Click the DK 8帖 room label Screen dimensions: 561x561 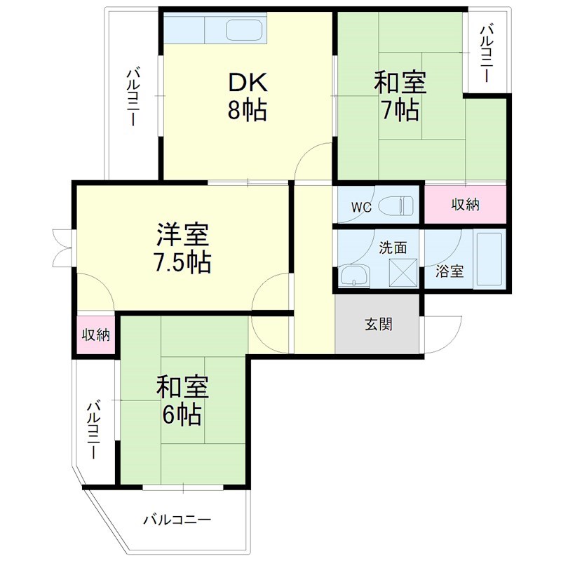tap(247, 97)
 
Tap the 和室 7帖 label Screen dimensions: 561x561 tap(400, 97)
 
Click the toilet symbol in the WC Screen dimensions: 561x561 tap(396, 206)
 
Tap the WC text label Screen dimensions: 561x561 tap(361, 208)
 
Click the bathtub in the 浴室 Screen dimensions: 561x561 tap(489, 259)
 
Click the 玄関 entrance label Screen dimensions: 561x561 tap(377, 325)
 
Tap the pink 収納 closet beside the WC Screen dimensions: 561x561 tap(465, 205)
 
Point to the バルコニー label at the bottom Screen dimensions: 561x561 tap(177, 520)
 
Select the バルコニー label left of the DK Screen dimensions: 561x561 tap(133, 97)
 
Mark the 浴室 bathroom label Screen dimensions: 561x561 tap(449, 271)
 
